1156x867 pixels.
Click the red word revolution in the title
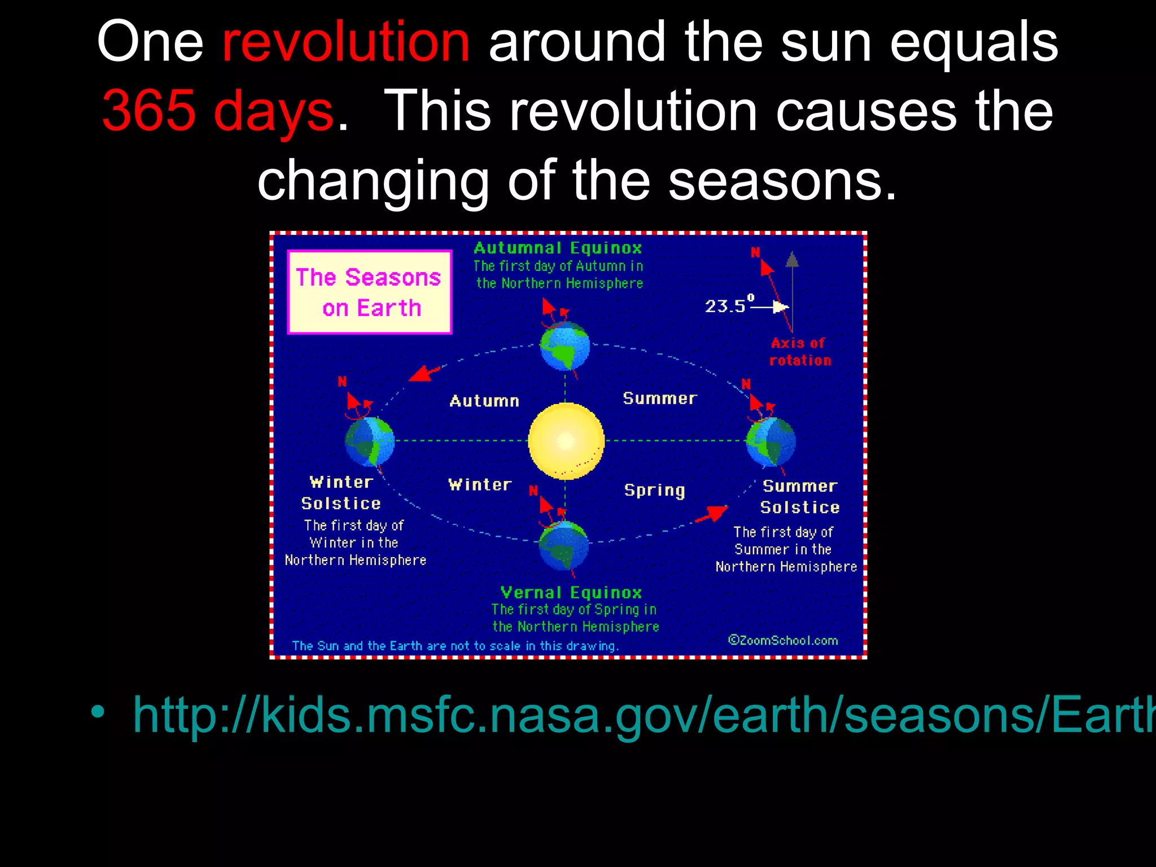point(345,42)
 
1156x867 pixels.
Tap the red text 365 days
point(218,112)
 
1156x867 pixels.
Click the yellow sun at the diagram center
point(566,441)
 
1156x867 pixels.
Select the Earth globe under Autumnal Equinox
point(564,345)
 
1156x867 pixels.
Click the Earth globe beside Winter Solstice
point(370,441)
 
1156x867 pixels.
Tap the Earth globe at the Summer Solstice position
point(770,442)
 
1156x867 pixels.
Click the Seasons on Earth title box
point(370,292)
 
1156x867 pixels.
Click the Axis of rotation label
point(800,352)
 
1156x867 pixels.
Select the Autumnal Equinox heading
point(558,248)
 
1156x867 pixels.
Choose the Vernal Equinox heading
point(571,592)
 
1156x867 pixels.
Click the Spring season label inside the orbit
point(654,490)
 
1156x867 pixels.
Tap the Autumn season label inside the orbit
point(484,401)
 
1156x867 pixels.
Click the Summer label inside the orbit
point(660,399)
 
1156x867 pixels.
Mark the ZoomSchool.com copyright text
point(783,640)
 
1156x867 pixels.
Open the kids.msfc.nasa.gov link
point(643,715)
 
